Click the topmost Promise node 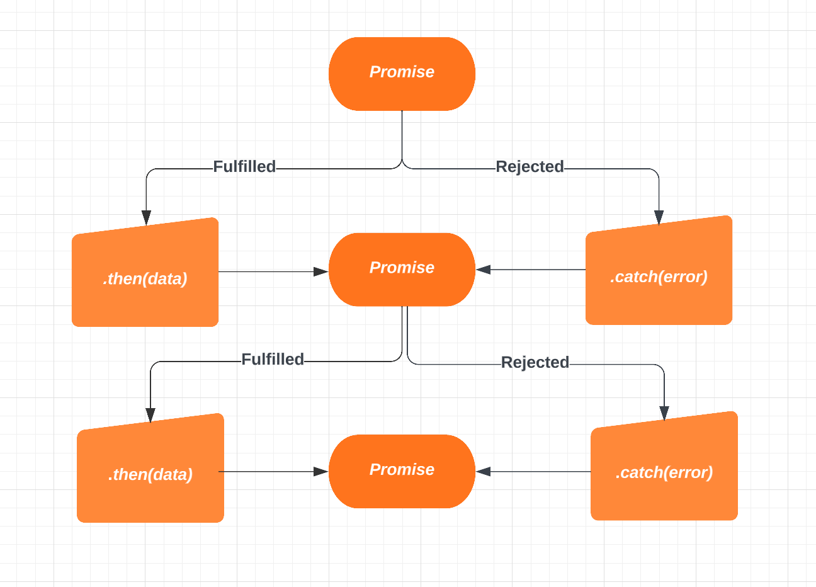click(x=402, y=74)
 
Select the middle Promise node click(x=402, y=270)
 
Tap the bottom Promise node click(x=402, y=471)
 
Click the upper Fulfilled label click(x=244, y=166)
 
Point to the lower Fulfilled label click(x=273, y=359)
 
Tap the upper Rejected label click(x=530, y=166)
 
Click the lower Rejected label click(x=535, y=362)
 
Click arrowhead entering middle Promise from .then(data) click(x=321, y=271)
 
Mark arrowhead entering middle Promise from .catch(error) click(x=483, y=270)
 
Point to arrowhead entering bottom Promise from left click(x=321, y=471)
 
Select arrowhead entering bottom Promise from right click(x=483, y=471)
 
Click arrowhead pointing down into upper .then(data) click(x=146, y=218)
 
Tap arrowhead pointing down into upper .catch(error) click(x=659, y=217)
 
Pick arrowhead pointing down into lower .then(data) click(x=150, y=414)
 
